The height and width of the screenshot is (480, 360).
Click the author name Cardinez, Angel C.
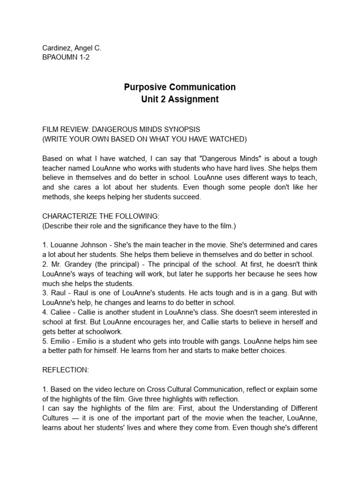pos(72,48)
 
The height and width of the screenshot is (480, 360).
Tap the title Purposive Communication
pos(180,87)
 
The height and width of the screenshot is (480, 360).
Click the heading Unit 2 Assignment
pos(180,99)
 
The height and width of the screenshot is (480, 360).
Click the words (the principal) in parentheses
pos(115,264)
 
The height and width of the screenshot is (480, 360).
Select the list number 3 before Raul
pos(45,293)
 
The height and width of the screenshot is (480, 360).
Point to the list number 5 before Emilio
pos(45,341)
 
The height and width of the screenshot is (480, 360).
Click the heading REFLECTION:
pos(66,370)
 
